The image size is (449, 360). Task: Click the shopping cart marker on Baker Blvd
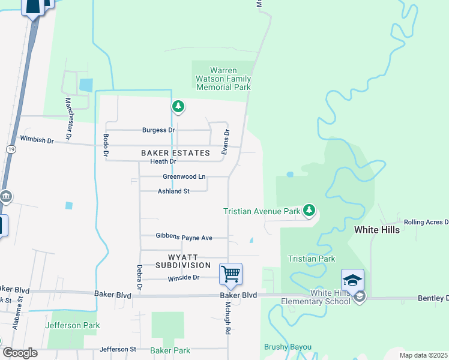tap(231, 274)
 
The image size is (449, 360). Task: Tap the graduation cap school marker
tap(352, 281)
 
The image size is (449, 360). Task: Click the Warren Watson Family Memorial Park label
tap(222, 79)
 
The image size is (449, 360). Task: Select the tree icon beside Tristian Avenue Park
tap(309, 210)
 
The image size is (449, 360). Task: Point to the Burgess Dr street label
tap(158, 130)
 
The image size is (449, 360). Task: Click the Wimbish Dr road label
tap(37, 139)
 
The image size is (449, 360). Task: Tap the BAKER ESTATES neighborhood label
tap(175, 153)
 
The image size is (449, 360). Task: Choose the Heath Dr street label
tap(163, 161)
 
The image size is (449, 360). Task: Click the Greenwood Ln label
tap(184, 177)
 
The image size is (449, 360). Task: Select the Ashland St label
tap(173, 191)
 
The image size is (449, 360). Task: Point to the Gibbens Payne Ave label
tap(184, 238)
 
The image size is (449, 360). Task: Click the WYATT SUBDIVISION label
tap(183, 260)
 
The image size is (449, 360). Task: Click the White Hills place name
tap(376, 229)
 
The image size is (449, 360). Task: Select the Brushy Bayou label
tap(288, 347)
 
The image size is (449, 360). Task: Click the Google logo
tap(20, 353)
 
